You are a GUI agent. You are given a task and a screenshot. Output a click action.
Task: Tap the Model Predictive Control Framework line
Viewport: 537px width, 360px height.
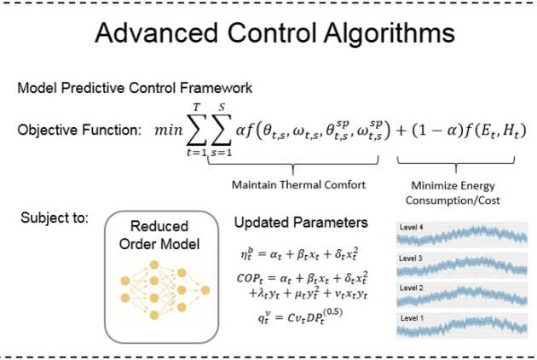point(134,88)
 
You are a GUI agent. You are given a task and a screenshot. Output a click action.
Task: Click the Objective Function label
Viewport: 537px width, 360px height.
point(78,131)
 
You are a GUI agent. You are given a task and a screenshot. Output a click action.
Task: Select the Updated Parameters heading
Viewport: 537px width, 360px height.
point(301,224)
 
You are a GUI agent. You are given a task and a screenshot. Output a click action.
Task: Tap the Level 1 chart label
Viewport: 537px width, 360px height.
point(413,317)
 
